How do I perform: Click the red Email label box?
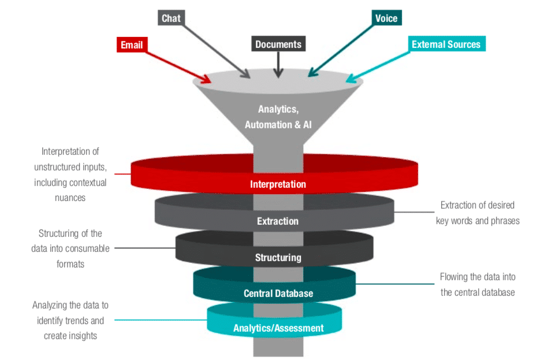click(x=132, y=45)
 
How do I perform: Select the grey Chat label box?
click(x=171, y=18)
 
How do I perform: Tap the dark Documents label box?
click(x=278, y=44)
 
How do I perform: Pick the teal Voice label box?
click(x=386, y=18)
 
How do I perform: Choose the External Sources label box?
click(x=445, y=44)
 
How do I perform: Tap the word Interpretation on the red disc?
click(x=278, y=184)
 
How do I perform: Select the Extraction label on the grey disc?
click(x=278, y=221)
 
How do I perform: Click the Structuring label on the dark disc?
click(x=278, y=257)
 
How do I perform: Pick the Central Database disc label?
click(x=278, y=293)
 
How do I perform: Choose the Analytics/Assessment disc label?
click(x=278, y=328)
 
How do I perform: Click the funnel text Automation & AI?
click(x=278, y=124)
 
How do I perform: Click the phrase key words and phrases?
click(x=478, y=220)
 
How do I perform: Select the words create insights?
click(x=70, y=336)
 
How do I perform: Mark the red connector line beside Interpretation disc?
click(x=122, y=174)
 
